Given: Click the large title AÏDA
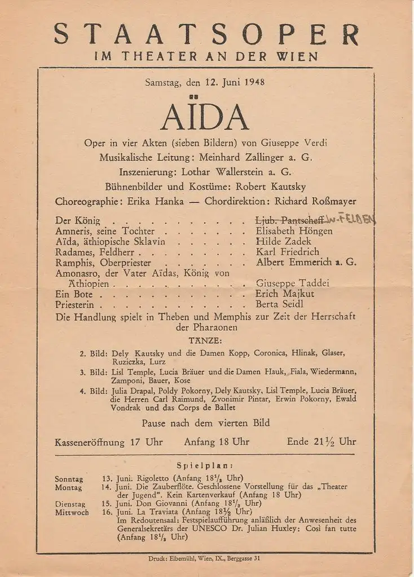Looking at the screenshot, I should [x=204, y=118].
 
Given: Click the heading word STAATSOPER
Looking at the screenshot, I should [x=206, y=35].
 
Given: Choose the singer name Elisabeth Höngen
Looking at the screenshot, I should [x=294, y=230].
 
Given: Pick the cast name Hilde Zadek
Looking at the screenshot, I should [x=283, y=241].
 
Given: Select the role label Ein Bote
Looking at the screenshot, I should [x=74, y=294].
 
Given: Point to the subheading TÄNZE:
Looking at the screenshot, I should [x=206, y=341].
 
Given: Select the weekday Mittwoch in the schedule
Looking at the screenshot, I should [x=72, y=512].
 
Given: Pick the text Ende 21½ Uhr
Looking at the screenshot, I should [x=321, y=442].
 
